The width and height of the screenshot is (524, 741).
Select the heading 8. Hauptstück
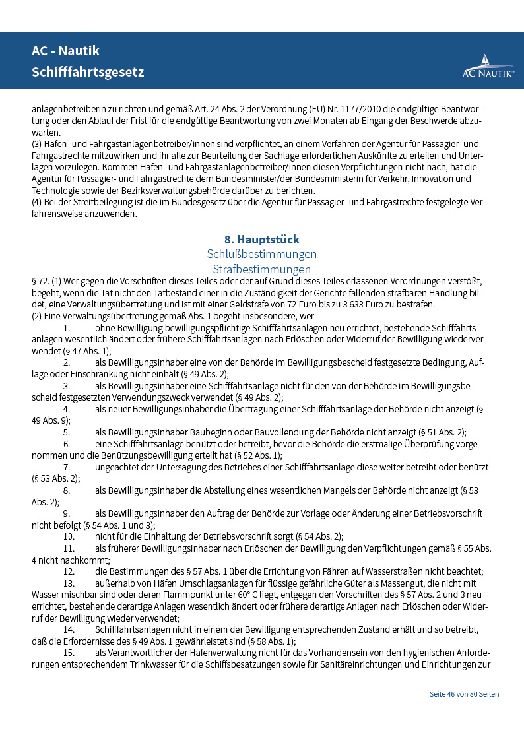[262, 240]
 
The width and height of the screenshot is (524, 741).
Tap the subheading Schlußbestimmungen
[262, 254]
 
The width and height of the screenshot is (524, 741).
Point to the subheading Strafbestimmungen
[262, 269]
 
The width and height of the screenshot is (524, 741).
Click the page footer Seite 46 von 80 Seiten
[464, 694]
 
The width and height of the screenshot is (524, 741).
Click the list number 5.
[67, 432]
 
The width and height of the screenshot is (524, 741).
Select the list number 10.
[69, 536]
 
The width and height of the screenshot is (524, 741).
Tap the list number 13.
[69, 583]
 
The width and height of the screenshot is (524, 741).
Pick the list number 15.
[69, 653]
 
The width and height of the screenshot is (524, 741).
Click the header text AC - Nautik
[65, 51]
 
